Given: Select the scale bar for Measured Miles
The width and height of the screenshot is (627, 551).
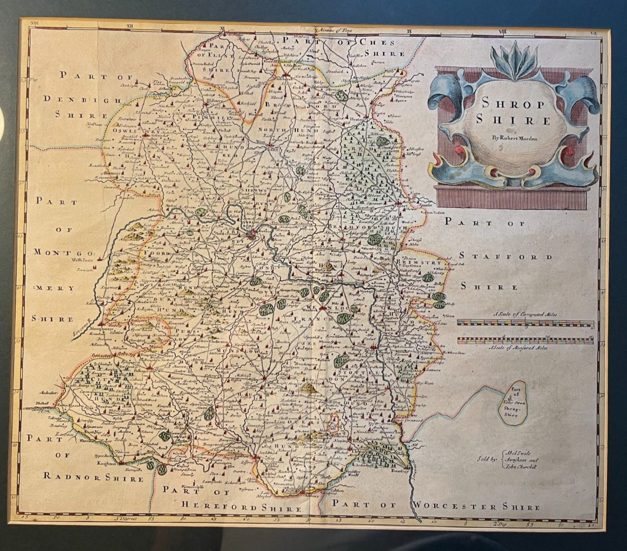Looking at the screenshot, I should (526, 340).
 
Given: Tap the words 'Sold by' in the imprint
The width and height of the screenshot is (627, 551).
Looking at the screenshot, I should (488, 459).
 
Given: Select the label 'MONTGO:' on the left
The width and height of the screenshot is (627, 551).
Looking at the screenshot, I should (54, 253).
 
